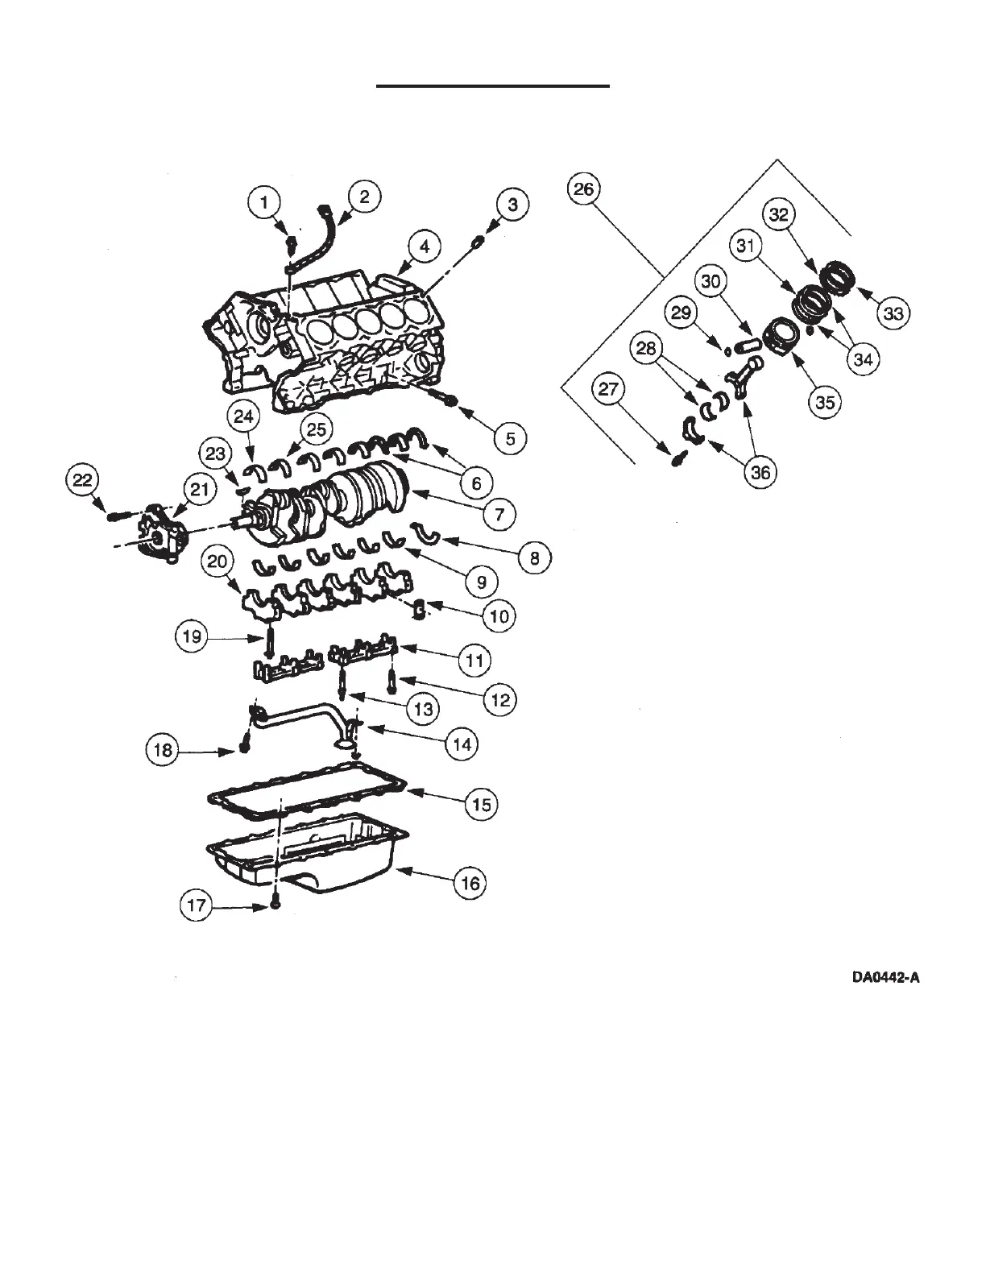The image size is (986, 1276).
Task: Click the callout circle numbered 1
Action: pyautogui.click(x=264, y=201)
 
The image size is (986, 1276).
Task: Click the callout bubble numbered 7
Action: pyautogui.click(x=499, y=512)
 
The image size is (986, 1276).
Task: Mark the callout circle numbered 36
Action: pyautogui.click(x=760, y=473)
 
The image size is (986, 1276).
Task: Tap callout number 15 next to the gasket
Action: pyautogui.click(x=481, y=804)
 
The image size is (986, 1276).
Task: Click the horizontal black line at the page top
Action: pyautogui.click(x=493, y=85)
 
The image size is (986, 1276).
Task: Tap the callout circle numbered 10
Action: pyautogui.click(x=499, y=616)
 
